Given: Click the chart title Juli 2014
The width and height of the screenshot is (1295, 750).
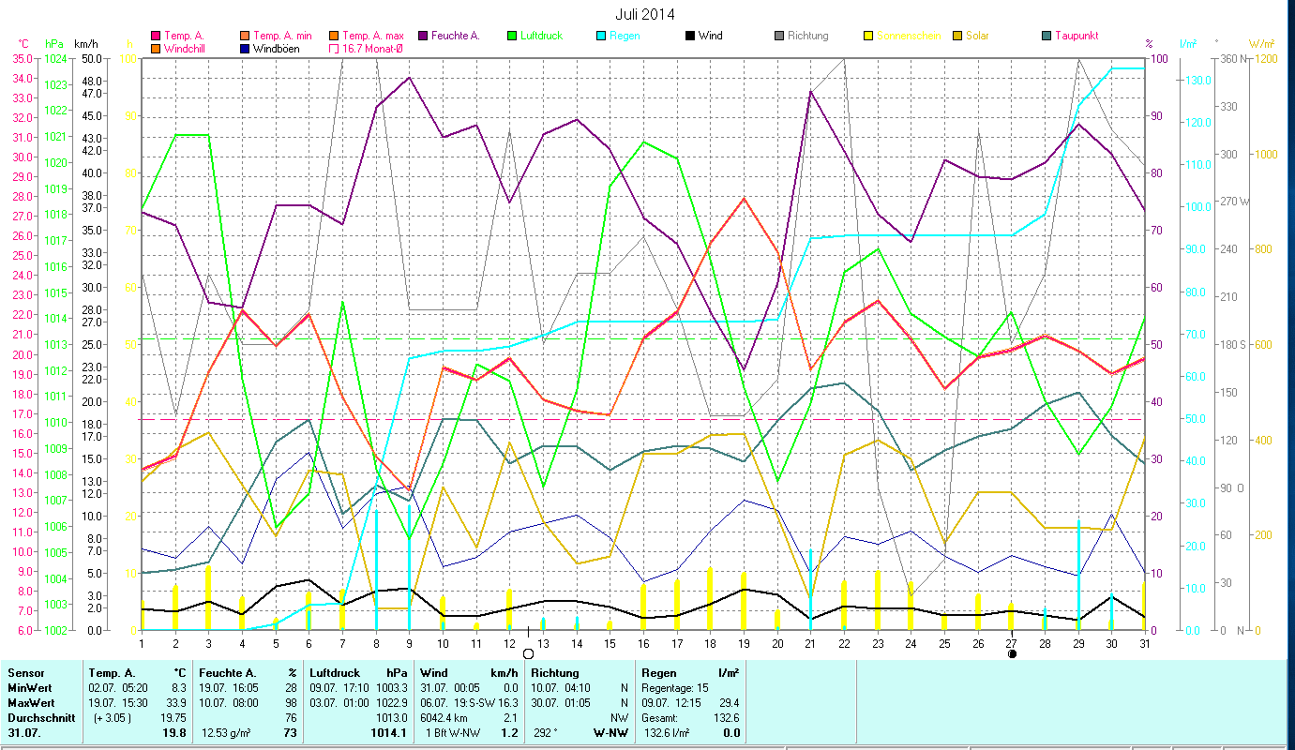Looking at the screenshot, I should (644, 14).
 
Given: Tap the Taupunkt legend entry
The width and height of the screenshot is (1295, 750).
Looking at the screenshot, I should (1076, 36).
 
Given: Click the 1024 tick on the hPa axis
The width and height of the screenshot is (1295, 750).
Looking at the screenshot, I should (55, 58).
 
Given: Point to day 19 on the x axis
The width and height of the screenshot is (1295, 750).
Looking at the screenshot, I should (744, 642).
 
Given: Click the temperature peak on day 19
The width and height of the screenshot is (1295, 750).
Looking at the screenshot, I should (744, 198).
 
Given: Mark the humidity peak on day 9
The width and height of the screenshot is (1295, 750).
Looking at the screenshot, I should (410, 77).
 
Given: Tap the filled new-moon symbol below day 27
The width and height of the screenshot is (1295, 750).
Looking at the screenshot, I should (1012, 653).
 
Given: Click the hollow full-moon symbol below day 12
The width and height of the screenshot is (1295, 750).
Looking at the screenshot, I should (528, 653).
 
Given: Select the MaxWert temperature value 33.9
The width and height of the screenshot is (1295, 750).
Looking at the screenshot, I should (174, 702).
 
